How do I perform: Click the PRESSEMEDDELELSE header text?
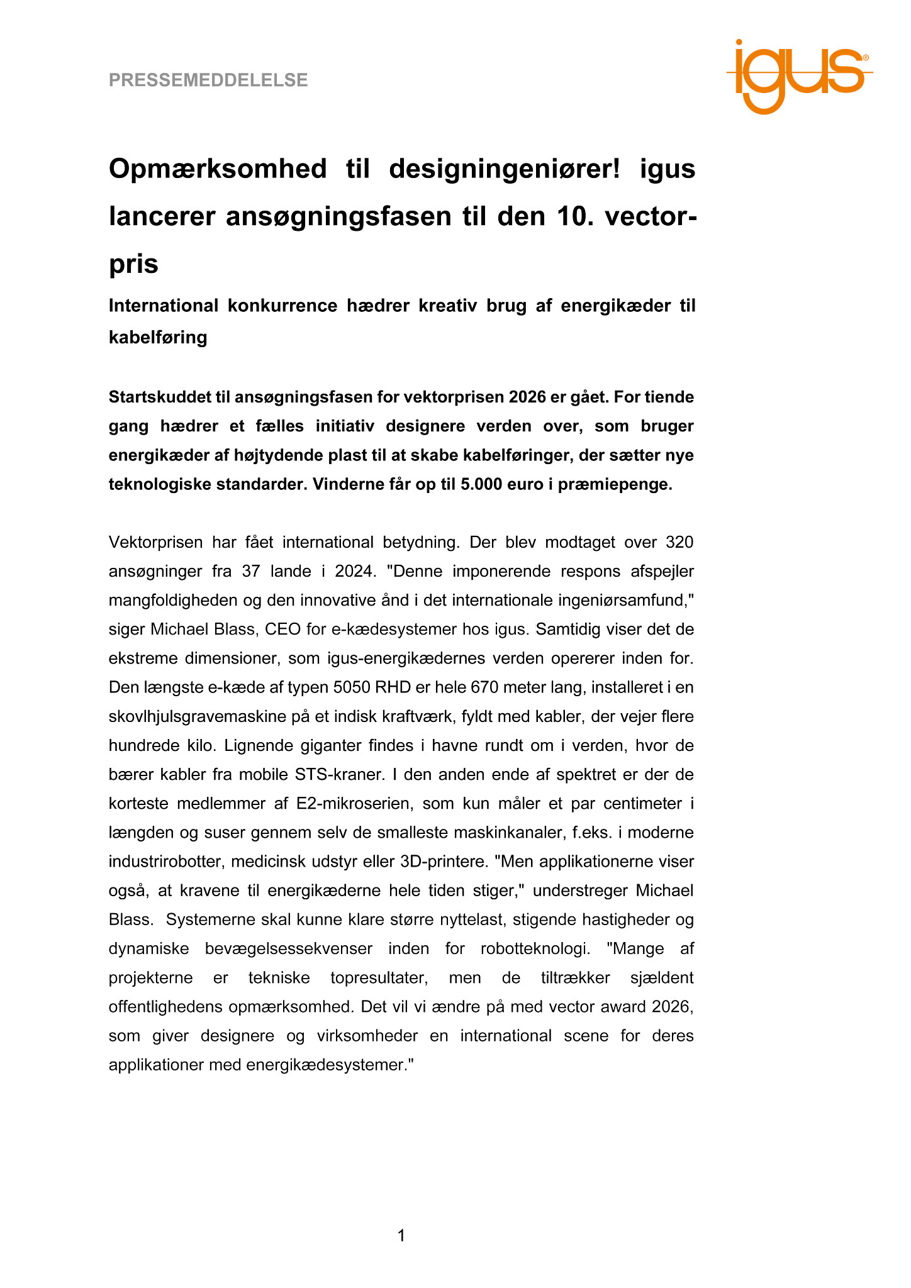pos(208,80)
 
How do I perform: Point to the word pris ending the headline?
pos(133,264)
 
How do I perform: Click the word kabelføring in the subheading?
pos(158,338)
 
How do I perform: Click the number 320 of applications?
pos(679,542)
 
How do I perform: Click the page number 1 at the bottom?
pos(401,1236)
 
